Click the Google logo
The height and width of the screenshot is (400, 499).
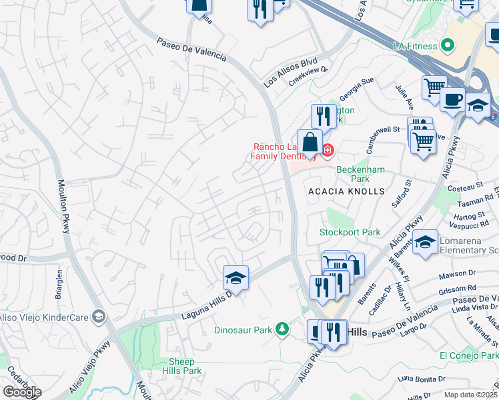click(22, 392)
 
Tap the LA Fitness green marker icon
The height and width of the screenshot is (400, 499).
click(448, 46)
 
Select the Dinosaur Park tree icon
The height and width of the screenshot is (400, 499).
click(283, 329)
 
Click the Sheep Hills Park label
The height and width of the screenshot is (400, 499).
click(182, 366)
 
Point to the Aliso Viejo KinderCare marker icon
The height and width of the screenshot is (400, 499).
click(99, 315)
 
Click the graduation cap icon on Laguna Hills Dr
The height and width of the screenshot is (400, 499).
click(235, 277)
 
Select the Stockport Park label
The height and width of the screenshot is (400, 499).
click(350, 233)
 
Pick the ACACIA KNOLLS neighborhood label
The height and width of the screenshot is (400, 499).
click(346, 191)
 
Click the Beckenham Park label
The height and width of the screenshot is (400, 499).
click(360, 174)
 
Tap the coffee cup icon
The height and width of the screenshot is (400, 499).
click(453, 99)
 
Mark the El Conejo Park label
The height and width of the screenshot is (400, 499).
click(468, 355)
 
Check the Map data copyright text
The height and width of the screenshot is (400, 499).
click(471, 395)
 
